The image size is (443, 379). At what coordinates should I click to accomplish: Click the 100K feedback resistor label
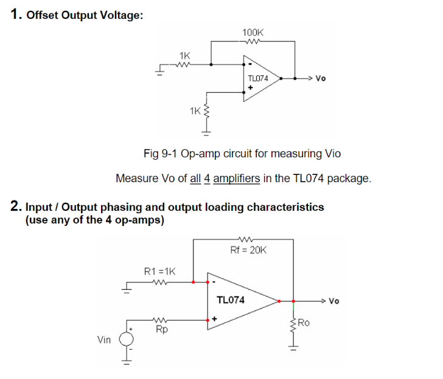[x=253, y=32]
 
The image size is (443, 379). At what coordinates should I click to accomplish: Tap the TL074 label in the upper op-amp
[x=258, y=78]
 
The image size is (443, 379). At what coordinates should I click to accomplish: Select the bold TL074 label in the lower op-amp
[x=231, y=300]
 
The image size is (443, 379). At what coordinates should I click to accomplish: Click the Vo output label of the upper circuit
[x=321, y=78]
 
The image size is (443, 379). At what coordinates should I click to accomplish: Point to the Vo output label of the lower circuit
[x=334, y=301]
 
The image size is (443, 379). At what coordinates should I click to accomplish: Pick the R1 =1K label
[x=159, y=271]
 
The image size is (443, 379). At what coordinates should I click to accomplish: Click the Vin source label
[x=104, y=340]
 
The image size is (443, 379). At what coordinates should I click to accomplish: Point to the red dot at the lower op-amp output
[x=279, y=301]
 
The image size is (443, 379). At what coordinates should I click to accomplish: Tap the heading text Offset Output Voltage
[x=85, y=15]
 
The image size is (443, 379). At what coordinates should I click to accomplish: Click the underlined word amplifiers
[x=237, y=179]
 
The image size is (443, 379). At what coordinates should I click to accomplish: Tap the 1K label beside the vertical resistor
[x=195, y=111]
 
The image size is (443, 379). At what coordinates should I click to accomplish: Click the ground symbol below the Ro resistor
[x=293, y=348]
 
